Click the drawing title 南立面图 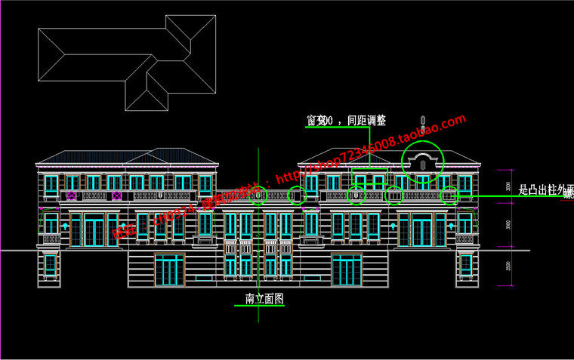tap(264, 299)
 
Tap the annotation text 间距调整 tap(366, 121)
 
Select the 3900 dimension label tap(508, 225)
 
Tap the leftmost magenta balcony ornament tap(72, 195)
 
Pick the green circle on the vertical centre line tap(258, 195)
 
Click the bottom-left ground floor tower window tap(50, 265)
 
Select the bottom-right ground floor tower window tap(466, 265)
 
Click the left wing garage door tap(169, 269)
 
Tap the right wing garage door tap(347, 269)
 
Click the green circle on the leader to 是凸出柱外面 tap(449, 195)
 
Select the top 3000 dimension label tap(508, 187)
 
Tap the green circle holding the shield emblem tap(356, 195)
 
